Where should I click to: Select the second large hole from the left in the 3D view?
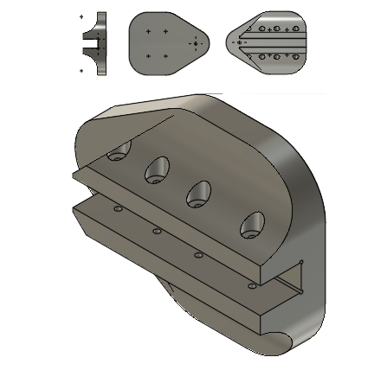(x=157, y=169)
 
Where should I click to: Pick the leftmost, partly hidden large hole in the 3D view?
(x=118, y=155)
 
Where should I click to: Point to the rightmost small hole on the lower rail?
(x=251, y=283)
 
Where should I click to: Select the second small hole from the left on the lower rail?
(x=157, y=231)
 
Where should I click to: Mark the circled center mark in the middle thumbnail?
(x=197, y=42)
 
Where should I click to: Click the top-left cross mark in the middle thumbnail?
(x=149, y=31)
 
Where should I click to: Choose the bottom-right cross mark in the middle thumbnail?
(x=164, y=55)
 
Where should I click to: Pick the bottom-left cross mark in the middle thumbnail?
(x=149, y=55)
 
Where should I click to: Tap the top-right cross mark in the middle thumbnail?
(x=164, y=31)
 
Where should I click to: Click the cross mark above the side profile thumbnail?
(x=81, y=16)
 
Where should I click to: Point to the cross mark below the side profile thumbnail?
(x=81, y=70)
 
